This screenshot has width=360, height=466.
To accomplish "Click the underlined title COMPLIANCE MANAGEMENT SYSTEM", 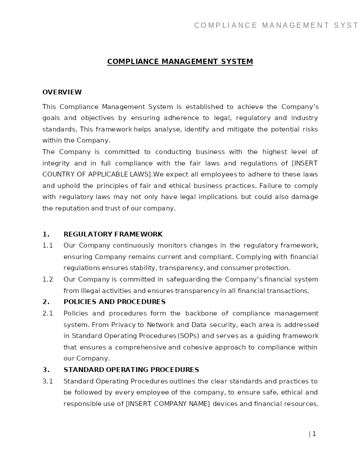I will (x=180, y=62).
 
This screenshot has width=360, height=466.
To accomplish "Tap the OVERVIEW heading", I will (x=62, y=92).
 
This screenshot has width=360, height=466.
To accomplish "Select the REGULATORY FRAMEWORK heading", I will (x=113, y=234).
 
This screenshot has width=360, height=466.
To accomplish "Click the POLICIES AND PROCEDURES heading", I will (x=114, y=302).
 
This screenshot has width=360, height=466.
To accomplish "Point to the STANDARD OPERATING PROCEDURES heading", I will (x=131, y=370).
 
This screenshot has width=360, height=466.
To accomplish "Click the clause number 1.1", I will (x=48, y=245).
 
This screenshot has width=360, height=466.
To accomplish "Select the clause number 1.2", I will (x=48, y=279).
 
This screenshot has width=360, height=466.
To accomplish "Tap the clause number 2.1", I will (x=48, y=313).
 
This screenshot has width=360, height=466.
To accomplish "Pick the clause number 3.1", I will (x=48, y=381).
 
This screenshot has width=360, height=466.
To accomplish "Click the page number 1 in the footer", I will (x=314, y=434).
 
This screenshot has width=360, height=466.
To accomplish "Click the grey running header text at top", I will (x=276, y=26).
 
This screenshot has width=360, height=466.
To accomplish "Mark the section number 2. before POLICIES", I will (x=46, y=302).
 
